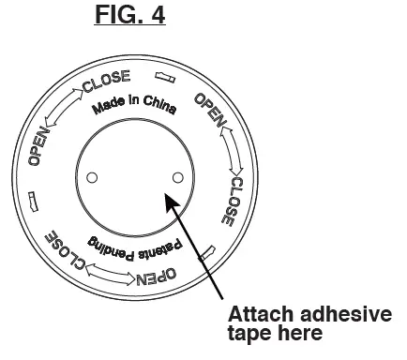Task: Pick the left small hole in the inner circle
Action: [x=91, y=177]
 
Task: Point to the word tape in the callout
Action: [x=248, y=333]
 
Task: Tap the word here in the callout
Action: [x=299, y=333]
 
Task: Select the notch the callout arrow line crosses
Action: [x=208, y=251]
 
